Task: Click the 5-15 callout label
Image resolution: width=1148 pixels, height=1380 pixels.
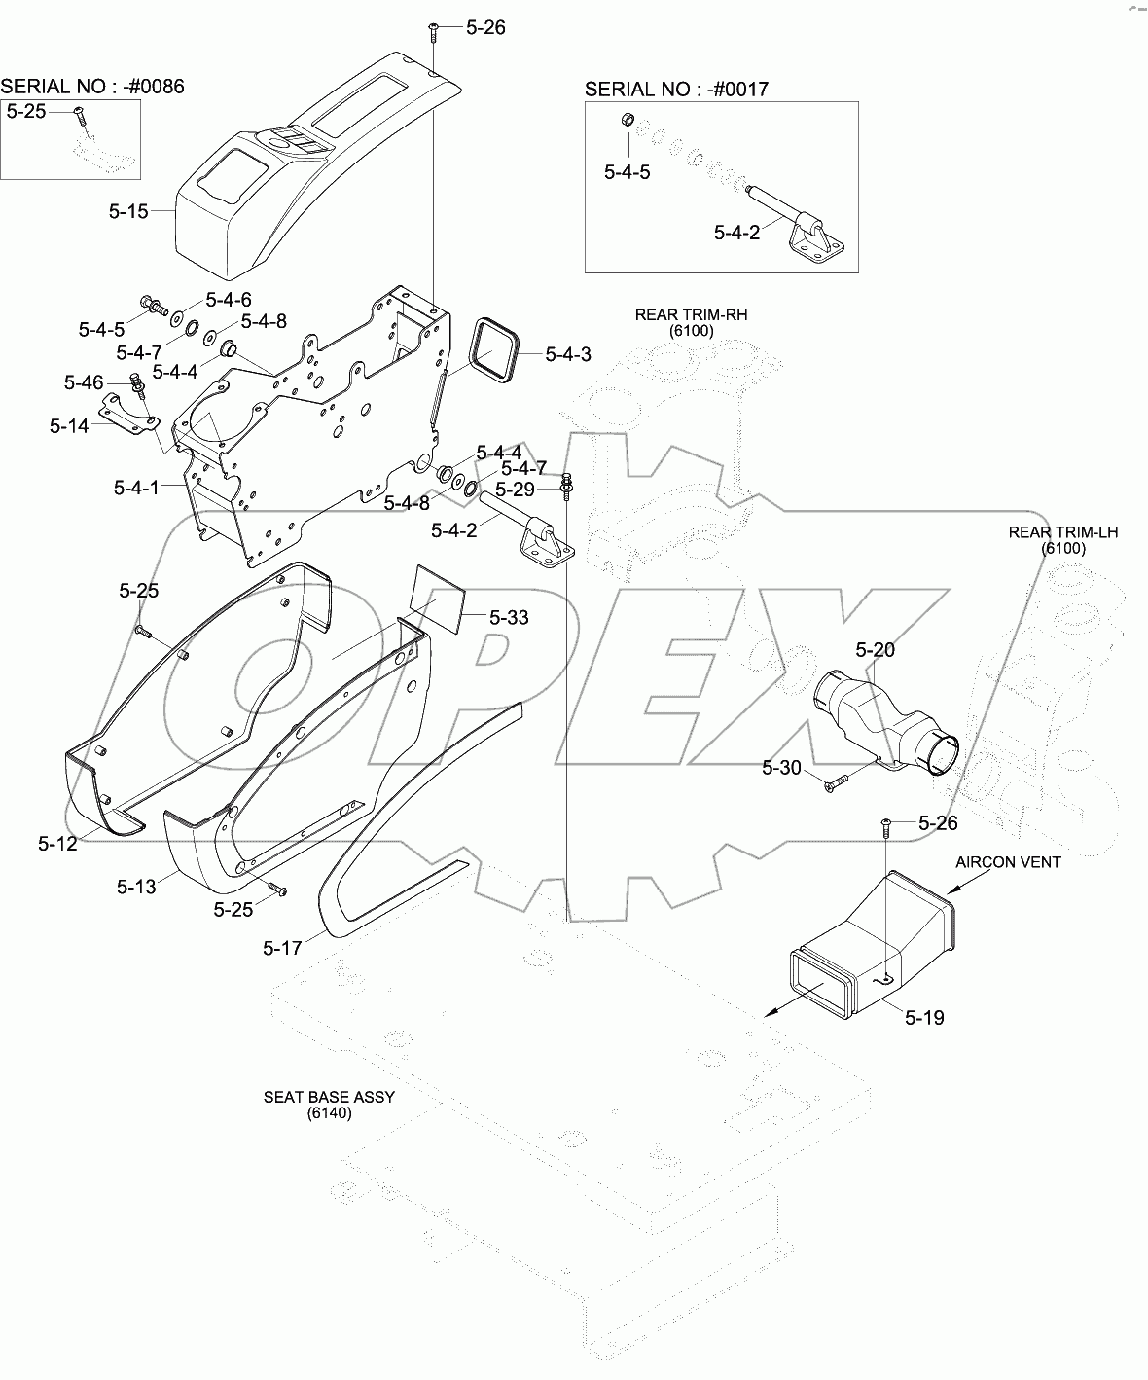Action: click(128, 211)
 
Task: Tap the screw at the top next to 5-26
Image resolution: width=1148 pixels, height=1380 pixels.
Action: click(433, 32)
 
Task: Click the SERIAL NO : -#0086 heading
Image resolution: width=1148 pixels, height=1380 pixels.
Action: click(92, 87)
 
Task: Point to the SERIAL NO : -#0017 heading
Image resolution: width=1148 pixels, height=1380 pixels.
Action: click(676, 90)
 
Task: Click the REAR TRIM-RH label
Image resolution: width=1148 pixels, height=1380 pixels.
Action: click(691, 315)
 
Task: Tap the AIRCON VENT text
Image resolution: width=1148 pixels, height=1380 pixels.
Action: click(1008, 862)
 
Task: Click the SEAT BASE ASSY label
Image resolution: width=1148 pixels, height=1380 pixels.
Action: click(329, 1097)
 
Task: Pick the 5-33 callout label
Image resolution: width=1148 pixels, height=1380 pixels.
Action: click(509, 618)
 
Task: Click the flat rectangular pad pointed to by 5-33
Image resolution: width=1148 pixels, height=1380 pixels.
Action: click(436, 597)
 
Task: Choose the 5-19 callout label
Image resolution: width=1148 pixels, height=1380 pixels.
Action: click(924, 1018)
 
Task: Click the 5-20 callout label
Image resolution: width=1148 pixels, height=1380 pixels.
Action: click(876, 649)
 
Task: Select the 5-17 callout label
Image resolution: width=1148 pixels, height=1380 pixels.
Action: click(282, 946)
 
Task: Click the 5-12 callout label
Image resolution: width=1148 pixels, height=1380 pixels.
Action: click(57, 844)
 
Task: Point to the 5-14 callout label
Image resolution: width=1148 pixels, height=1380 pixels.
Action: click(69, 425)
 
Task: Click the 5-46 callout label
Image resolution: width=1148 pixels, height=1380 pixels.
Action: click(84, 382)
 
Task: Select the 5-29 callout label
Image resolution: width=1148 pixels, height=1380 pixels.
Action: click(516, 488)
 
